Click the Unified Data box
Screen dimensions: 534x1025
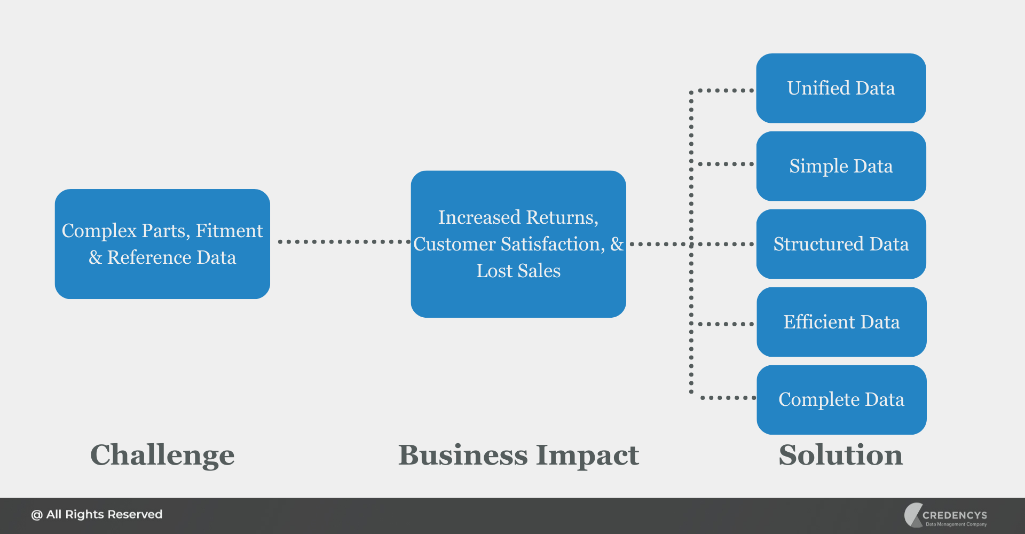841,88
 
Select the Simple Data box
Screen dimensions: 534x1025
841,166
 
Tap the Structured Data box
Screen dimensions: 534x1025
841,244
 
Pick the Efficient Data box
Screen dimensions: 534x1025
841,322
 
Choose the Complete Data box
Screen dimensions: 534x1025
841,400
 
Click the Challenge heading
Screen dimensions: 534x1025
162,455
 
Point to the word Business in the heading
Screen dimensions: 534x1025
463,455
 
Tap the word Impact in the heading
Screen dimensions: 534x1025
587,455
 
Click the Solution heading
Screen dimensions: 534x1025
841,455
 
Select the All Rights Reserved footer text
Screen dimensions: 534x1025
104,515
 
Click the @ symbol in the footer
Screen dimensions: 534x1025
36,515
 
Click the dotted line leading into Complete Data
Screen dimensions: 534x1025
726,398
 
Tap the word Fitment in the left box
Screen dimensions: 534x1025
229,231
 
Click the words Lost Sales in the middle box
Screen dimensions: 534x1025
518,271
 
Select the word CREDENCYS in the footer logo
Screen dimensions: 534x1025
955,515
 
